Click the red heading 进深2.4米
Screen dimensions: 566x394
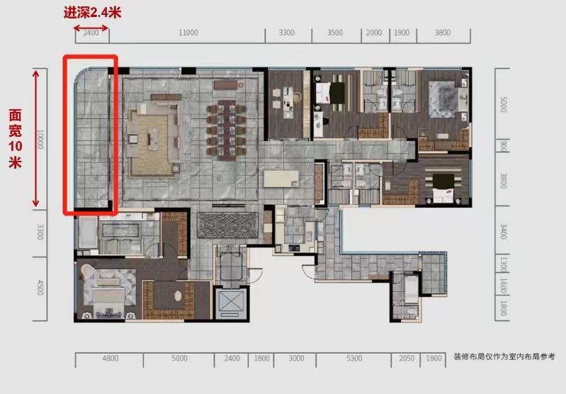point(92,13)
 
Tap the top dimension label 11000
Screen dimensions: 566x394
point(188,33)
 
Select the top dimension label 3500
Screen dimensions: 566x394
point(334,33)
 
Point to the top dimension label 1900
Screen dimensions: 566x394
point(402,33)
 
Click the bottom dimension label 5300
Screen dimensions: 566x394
point(354,359)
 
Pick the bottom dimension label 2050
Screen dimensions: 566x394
point(407,359)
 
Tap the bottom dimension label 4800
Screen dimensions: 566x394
point(110,359)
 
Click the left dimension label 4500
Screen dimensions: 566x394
point(40,288)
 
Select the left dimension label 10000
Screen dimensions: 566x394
point(40,140)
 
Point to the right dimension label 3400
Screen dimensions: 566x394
point(503,232)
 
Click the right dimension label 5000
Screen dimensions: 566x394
point(503,104)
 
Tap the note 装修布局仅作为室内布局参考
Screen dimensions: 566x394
point(504,357)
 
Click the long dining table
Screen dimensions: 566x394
point(226,130)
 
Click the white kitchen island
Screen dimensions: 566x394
point(281,179)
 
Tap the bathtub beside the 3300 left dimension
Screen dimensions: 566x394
point(88,232)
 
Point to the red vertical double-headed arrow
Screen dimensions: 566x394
point(35,139)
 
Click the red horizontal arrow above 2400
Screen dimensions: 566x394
point(91,28)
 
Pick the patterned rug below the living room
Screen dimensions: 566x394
point(228,225)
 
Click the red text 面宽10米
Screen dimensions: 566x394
point(15,139)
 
